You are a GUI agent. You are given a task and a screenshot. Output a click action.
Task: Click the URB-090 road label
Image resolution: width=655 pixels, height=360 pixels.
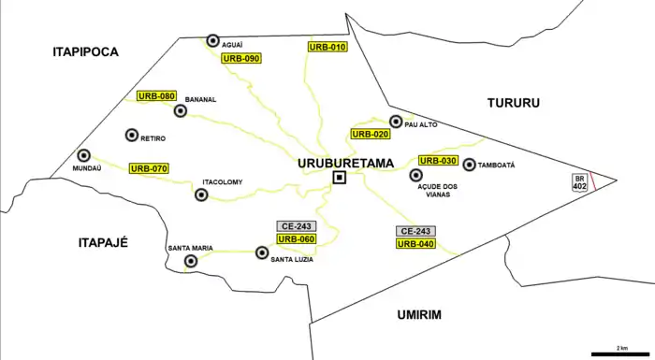tap(240, 58)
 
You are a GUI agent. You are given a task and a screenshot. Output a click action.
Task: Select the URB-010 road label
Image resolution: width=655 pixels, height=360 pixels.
tap(327, 47)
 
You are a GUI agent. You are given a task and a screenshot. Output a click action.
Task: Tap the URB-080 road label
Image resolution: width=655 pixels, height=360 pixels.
tap(156, 95)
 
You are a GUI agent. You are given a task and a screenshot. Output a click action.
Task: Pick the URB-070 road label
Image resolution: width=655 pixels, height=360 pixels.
tap(149, 168)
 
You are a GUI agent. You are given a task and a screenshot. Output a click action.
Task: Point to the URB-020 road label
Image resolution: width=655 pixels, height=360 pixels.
tap(369, 135)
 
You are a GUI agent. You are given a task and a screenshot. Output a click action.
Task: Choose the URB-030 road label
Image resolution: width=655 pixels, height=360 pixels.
tap(438, 161)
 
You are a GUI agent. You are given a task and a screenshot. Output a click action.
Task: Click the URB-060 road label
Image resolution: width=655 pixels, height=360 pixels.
tap(297, 239)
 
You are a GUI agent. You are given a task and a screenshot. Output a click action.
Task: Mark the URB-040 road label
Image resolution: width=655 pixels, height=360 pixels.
tap(415, 244)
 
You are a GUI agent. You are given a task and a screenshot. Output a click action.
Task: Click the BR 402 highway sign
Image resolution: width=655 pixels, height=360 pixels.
tap(580, 182)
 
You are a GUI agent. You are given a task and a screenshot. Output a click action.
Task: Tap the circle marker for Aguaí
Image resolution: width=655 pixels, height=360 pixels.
tap(213, 40)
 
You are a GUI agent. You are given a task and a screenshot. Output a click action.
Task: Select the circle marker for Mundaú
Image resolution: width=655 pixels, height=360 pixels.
tap(83, 155)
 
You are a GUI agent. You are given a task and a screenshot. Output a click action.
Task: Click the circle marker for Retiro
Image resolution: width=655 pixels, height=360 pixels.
tap(131, 136)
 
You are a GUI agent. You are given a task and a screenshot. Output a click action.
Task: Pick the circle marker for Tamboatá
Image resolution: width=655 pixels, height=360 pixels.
tap(469, 165)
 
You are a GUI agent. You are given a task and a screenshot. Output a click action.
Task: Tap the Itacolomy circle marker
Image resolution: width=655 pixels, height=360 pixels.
tap(200, 194)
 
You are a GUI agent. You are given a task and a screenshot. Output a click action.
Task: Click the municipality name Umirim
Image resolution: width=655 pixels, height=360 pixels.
tap(416, 315)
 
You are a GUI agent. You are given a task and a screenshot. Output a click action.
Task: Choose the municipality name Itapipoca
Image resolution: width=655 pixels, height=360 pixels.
tap(86, 52)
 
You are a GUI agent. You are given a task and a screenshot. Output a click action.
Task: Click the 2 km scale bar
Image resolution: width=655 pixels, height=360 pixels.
tap(621, 353)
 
